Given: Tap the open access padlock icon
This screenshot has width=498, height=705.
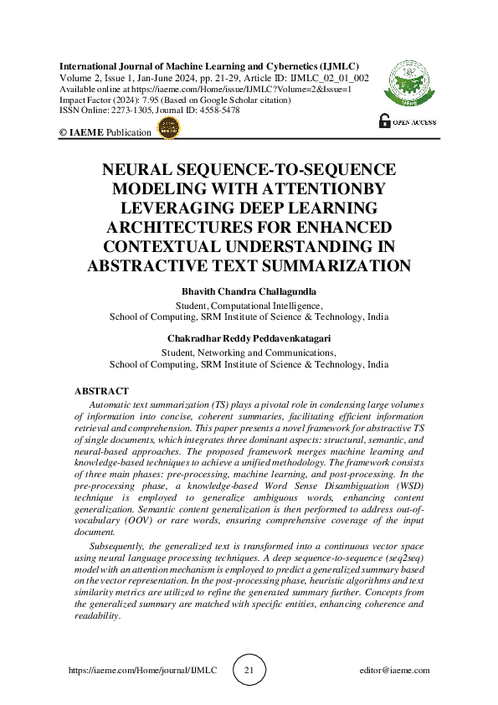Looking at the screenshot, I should tap(385, 120).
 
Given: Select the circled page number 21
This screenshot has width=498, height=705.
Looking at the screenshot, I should tap(249, 671).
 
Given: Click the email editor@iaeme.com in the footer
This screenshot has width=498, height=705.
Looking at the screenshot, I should tap(393, 671).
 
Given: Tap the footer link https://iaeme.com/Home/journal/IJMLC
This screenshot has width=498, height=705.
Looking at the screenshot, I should tap(141, 671).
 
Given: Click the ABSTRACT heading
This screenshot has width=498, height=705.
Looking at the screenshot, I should tap(101, 391).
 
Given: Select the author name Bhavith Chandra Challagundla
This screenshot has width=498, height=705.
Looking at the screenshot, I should tap(249, 291).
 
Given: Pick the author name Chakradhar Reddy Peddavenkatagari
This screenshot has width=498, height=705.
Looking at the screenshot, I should tap(249, 338).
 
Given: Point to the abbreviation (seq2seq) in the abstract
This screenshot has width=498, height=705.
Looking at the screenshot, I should tap(399, 557).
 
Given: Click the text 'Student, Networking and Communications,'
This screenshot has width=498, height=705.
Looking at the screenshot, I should tap(249, 353).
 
